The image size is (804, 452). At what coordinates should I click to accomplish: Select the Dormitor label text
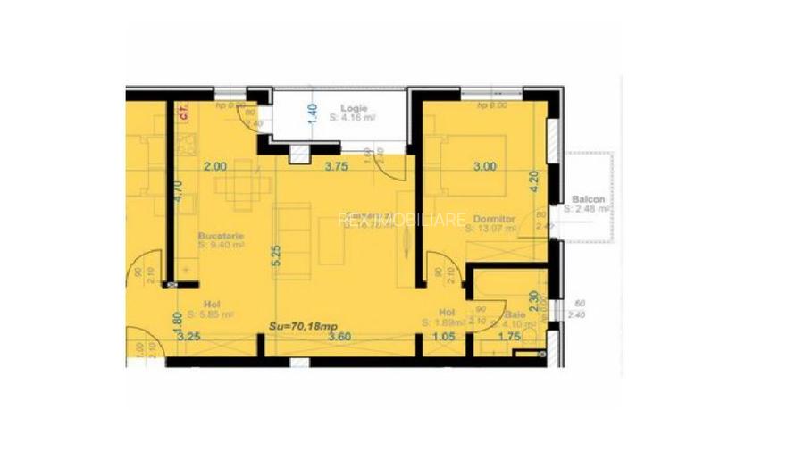pyautogui.click(x=493, y=218)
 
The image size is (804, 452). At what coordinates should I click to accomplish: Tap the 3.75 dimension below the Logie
pyautogui.click(x=335, y=166)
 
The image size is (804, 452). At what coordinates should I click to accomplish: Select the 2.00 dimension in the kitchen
pyautogui.click(x=214, y=166)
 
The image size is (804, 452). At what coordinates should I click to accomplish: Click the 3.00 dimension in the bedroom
pyautogui.click(x=484, y=166)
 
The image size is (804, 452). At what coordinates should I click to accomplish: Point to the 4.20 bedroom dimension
pyautogui.click(x=534, y=182)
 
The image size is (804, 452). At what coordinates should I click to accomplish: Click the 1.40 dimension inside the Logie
pyautogui.click(x=312, y=115)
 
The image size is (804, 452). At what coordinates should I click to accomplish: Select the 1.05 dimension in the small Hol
pyautogui.click(x=444, y=338)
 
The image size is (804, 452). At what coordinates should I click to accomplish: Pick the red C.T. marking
pyautogui.click(x=183, y=113)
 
